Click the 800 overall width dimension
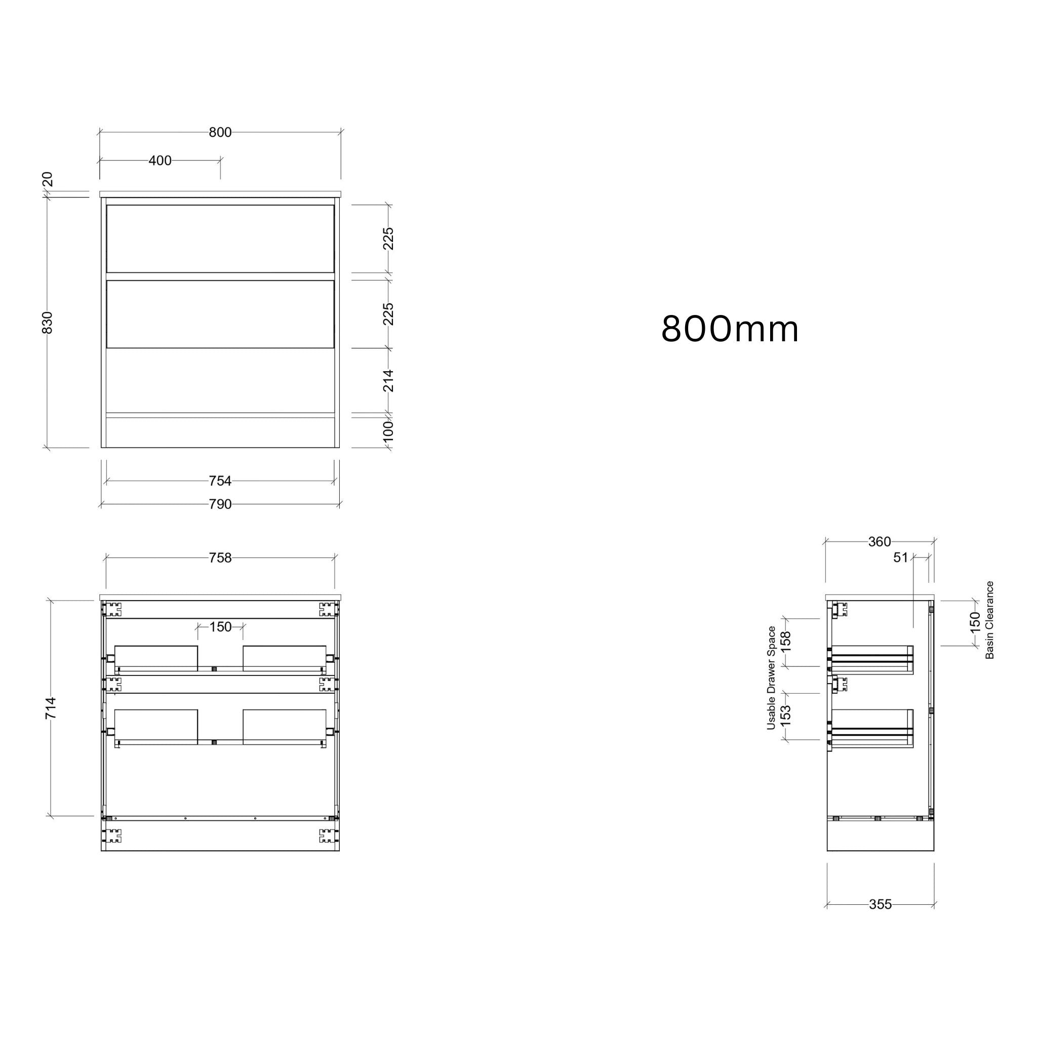coord(220,132)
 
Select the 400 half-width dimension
coord(160,161)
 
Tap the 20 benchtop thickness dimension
coord(47,179)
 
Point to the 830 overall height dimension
coord(47,323)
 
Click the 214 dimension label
coord(388,381)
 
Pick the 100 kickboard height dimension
coord(388,430)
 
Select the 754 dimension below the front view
coord(220,481)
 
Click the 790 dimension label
coord(220,504)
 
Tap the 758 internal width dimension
coord(220,557)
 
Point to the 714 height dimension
coord(51,707)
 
